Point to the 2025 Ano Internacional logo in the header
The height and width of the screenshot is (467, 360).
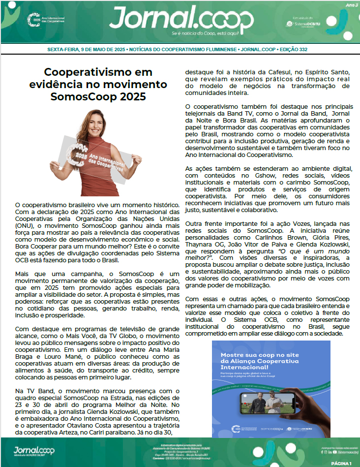[x=46, y=20]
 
